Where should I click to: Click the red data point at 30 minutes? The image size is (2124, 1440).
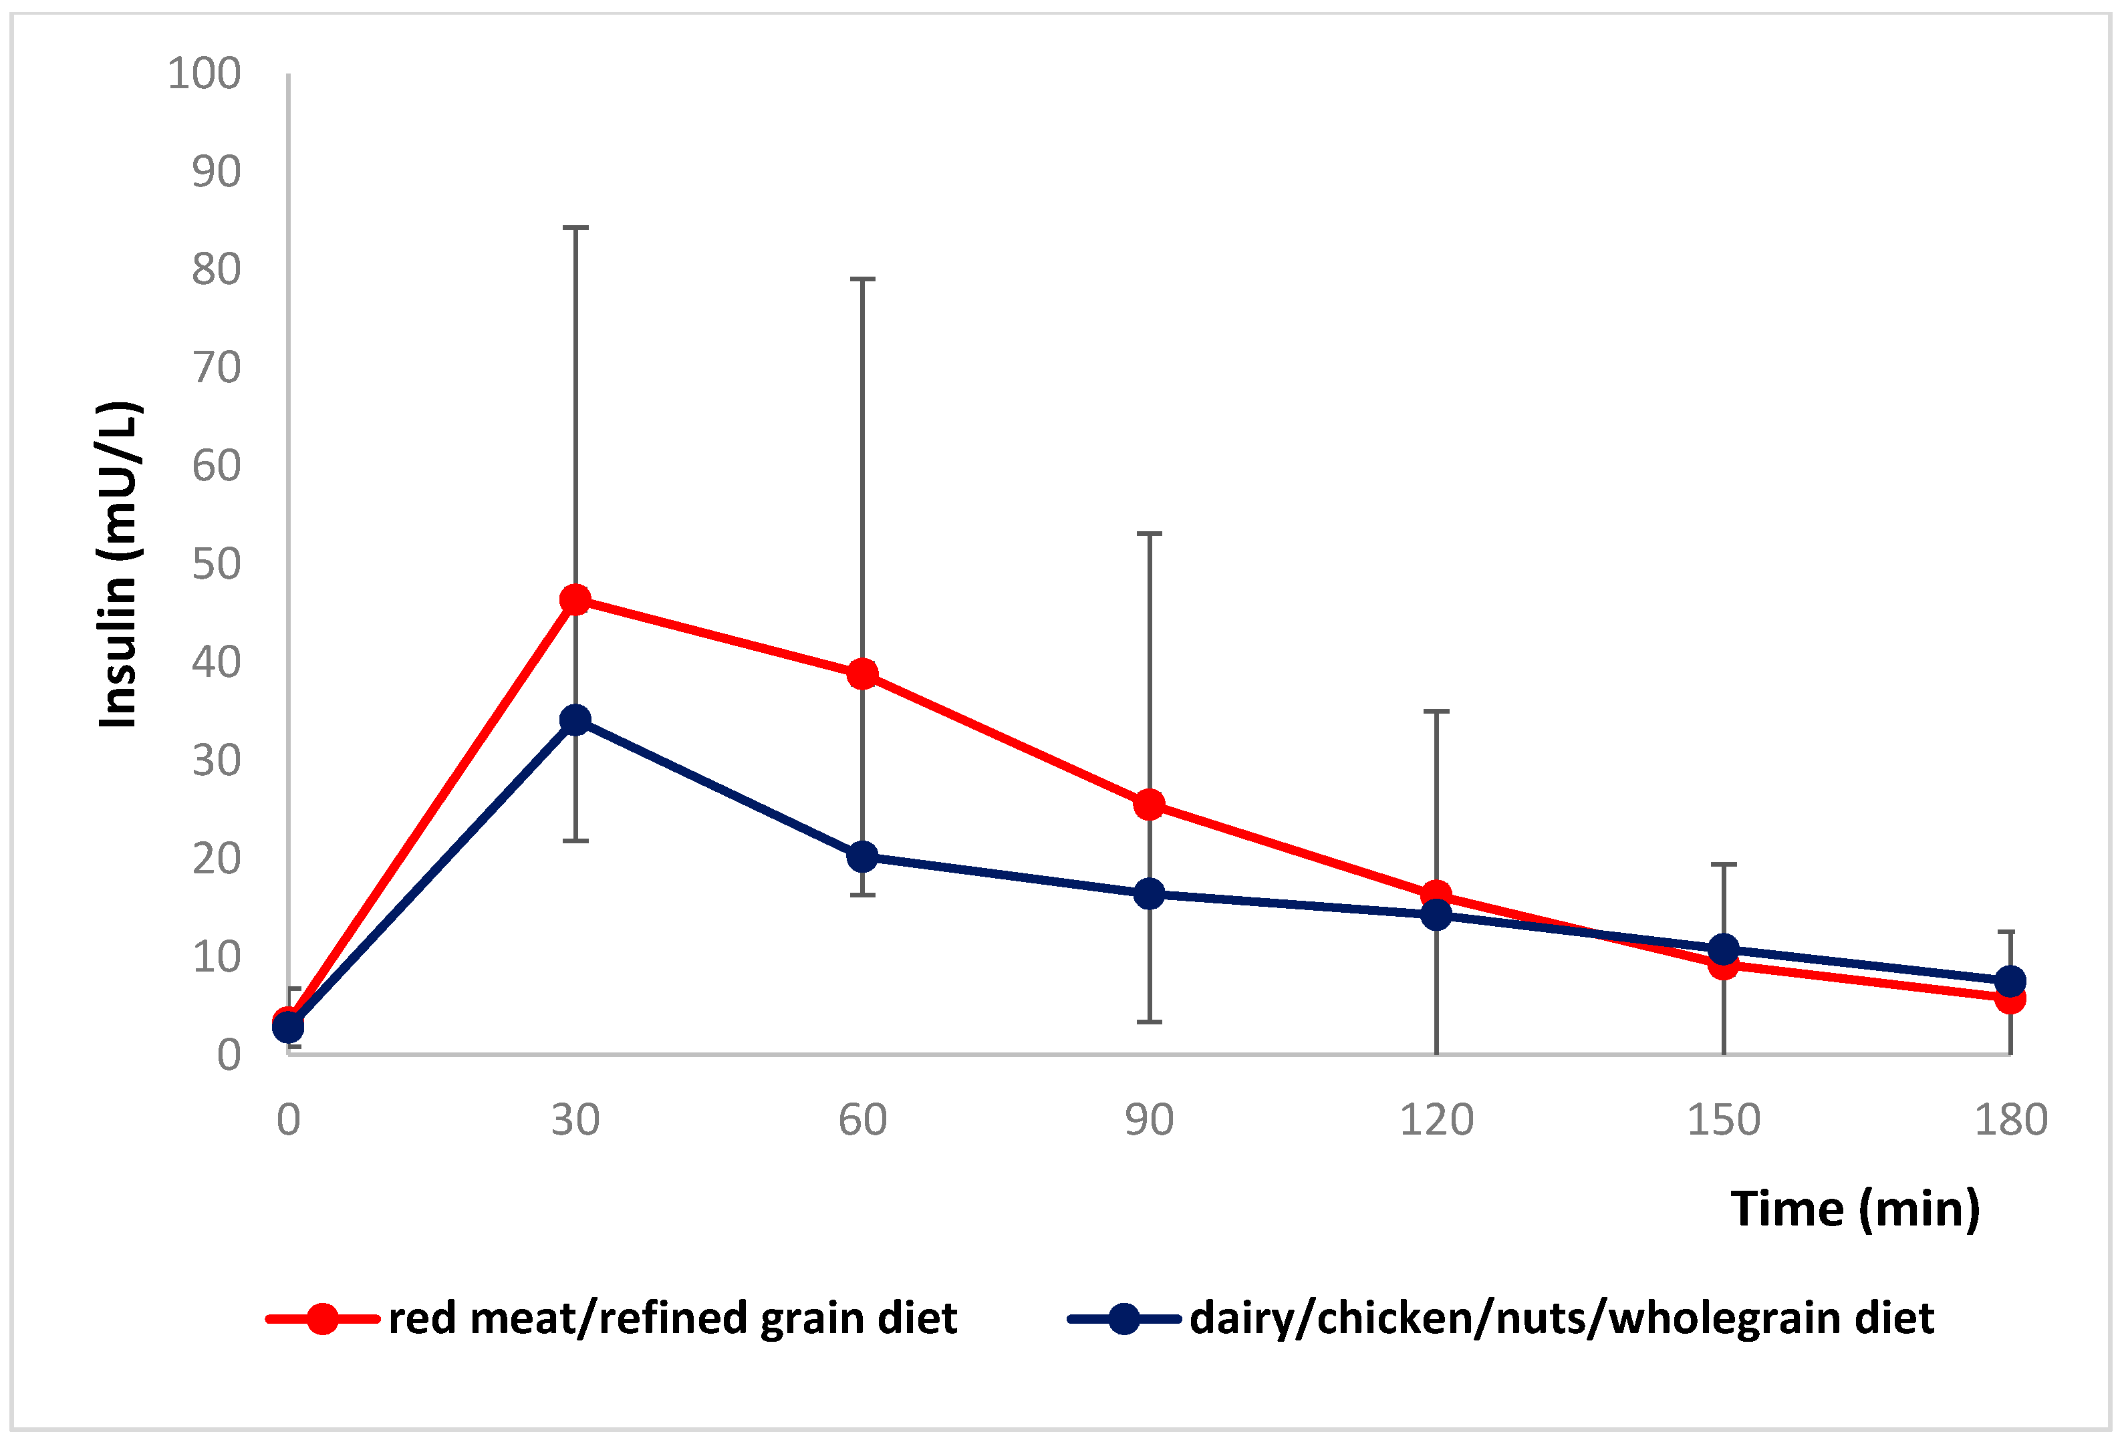575,600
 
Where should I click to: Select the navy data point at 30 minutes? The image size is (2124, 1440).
575,720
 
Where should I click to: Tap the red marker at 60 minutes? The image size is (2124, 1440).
862,674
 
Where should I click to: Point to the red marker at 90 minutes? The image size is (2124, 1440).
1149,805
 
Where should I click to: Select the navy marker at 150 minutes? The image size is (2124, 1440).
1723,950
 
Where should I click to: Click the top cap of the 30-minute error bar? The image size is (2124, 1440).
575,227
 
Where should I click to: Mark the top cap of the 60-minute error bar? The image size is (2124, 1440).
862,279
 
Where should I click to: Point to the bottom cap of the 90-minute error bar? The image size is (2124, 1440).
1149,1022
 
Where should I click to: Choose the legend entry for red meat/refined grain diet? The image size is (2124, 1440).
612,1318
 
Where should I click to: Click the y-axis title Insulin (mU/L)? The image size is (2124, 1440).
119,564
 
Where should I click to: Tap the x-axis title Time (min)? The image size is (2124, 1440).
1855,1209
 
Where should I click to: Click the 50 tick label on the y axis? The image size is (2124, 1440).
216,565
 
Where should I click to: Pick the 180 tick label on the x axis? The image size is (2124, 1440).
2010,1120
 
